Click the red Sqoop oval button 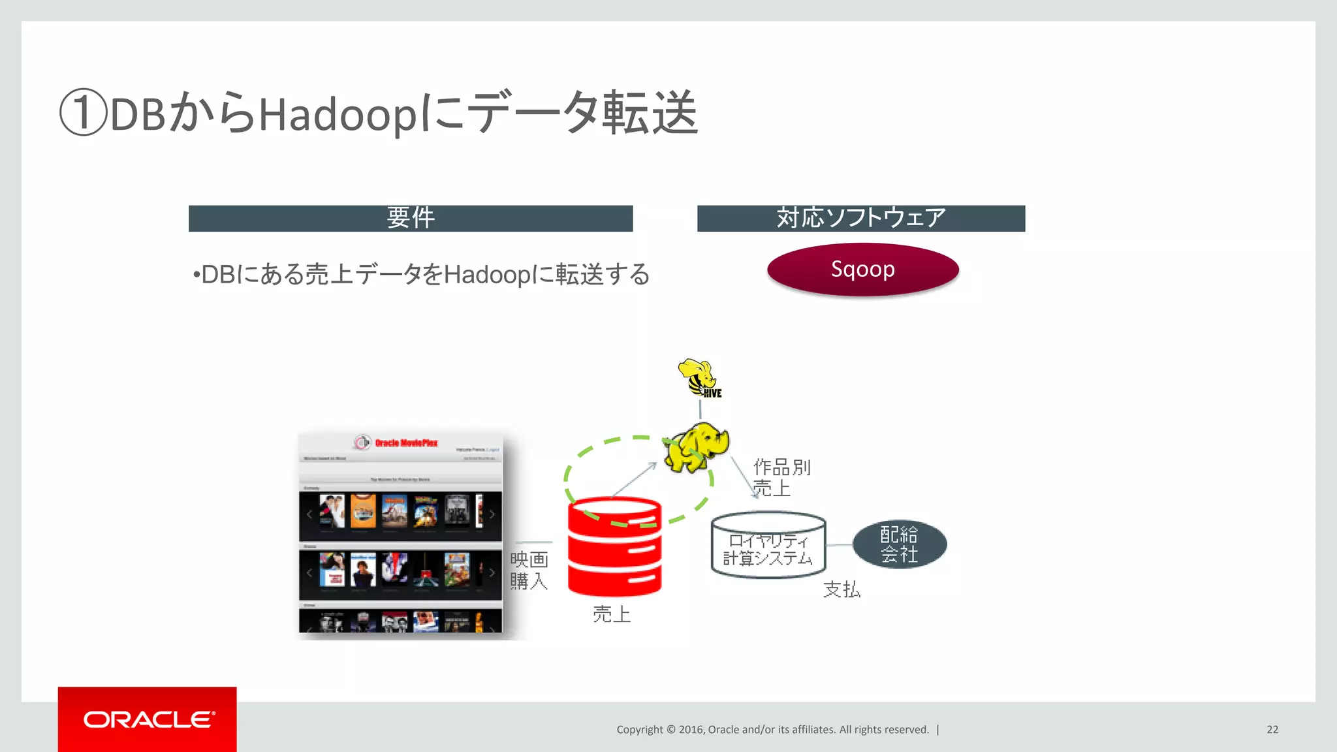point(862,270)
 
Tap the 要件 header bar point(411,218)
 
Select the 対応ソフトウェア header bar point(860,218)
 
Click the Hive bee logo point(699,378)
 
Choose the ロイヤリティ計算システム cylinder point(768,546)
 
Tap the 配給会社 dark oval point(899,544)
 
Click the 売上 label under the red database point(612,614)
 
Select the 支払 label point(842,589)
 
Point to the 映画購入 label point(529,571)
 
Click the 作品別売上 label point(781,477)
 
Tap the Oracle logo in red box point(148,719)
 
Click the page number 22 point(1272,729)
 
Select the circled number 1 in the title point(83,113)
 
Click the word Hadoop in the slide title point(338,115)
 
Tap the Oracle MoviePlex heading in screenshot point(405,443)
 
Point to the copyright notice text point(772,729)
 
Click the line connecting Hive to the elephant point(700,409)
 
